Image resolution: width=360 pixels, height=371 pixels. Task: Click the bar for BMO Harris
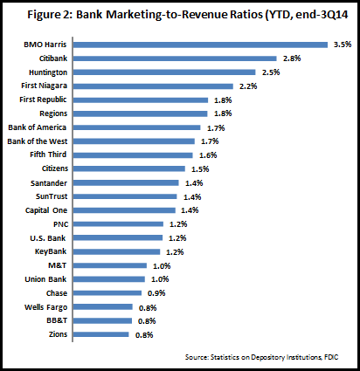[x=200, y=45]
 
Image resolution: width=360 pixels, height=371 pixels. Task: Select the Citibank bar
[x=175, y=58]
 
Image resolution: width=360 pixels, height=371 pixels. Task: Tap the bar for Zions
[x=100, y=334]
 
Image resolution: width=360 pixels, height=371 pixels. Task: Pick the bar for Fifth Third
[x=133, y=155]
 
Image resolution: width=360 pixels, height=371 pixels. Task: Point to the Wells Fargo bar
[x=103, y=307]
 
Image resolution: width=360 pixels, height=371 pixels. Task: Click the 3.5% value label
[x=343, y=45]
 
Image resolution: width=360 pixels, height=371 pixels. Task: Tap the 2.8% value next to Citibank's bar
[x=292, y=58]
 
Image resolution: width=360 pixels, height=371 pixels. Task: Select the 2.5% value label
[x=271, y=72]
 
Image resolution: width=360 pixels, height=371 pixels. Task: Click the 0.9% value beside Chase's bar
[x=156, y=293]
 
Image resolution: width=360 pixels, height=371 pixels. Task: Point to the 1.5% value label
[x=200, y=169]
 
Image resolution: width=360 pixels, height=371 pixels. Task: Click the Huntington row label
[x=48, y=72]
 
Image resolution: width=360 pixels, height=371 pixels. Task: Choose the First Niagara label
[x=44, y=86]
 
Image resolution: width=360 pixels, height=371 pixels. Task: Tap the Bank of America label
[x=38, y=127]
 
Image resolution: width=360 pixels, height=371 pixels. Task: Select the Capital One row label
[x=46, y=210]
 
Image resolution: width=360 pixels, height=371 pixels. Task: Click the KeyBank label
[x=51, y=251]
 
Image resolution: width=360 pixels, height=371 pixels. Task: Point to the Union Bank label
[x=45, y=279]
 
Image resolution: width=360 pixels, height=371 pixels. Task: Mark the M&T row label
[x=58, y=265]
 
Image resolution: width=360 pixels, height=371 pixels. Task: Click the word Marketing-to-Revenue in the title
[x=184, y=15]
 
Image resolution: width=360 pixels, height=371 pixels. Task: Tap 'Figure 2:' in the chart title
[x=50, y=15]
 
